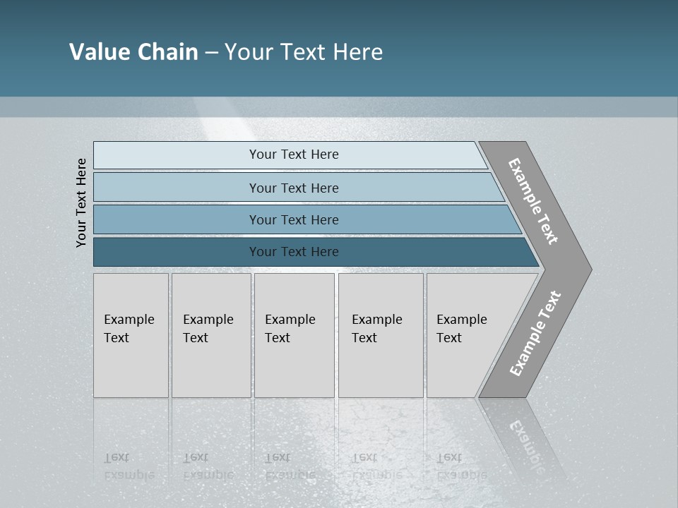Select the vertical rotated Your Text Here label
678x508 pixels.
point(81,202)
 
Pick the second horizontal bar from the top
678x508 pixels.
point(294,188)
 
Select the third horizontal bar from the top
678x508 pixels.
point(294,219)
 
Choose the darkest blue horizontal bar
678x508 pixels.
point(294,252)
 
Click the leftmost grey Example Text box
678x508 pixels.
point(131,335)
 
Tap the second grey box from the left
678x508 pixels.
point(210,335)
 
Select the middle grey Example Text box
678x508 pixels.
point(294,335)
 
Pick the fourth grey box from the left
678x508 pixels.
point(380,335)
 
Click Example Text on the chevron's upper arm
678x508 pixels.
point(533,201)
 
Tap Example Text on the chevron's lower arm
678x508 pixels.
point(535,333)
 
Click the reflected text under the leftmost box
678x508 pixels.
point(129,466)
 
